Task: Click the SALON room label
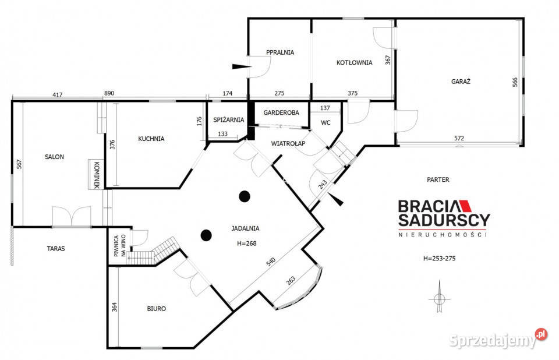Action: tap(55, 157)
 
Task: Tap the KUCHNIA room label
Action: tap(151, 139)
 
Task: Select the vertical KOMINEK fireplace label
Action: tap(96, 175)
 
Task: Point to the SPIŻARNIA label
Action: tap(228, 119)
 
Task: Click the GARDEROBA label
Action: tap(281, 112)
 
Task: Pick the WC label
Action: tap(326, 123)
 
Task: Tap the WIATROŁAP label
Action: tap(288, 143)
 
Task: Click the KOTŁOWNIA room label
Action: tap(355, 62)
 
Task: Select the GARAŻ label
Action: tap(461, 82)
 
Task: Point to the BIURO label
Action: tap(157, 309)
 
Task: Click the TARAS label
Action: tap(56, 248)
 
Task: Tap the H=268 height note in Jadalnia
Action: tap(247, 243)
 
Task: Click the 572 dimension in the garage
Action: tap(459, 138)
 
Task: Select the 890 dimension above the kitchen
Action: tap(109, 93)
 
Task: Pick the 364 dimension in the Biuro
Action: tap(115, 307)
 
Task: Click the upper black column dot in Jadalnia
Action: tap(244, 196)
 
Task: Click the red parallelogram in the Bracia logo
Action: tap(466, 206)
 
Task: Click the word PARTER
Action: tap(438, 179)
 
